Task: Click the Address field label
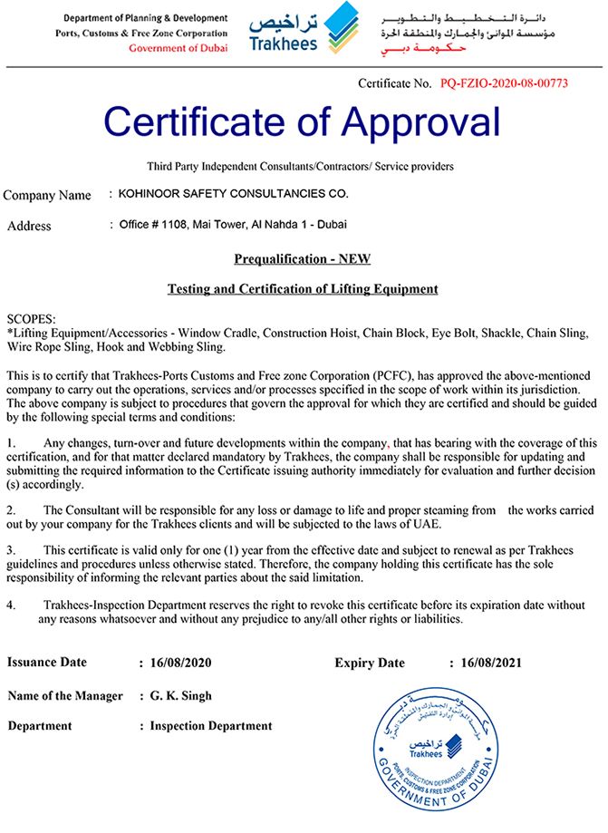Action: click(x=29, y=226)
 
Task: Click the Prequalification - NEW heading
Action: click(x=302, y=259)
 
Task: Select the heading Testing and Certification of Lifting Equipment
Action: click(x=303, y=289)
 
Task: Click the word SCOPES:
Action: click(x=31, y=320)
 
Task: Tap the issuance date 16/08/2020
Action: click(x=180, y=663)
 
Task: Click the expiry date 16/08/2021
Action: click(x=491, y=663)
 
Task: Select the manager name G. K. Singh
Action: click(x=181, y=696)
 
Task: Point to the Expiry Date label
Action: click(x=370, y=663)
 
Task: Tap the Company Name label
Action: click(x=47, y=195)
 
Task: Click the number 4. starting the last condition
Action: click(x=11, y=605)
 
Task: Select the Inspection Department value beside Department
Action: click(x=211, y=726)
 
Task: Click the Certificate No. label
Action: click(x=396, y=84)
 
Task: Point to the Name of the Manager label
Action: click(x=65, y=696)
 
